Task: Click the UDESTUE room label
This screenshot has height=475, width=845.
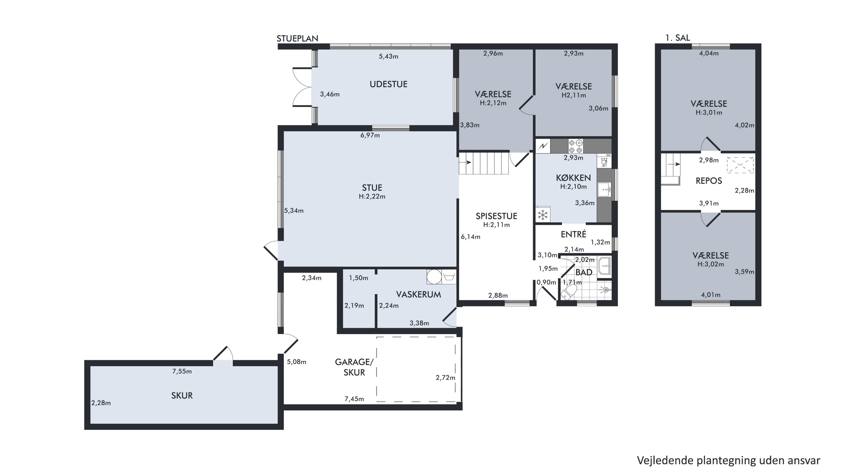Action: pos(388,84)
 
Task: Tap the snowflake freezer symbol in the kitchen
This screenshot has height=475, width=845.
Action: pos(543,215)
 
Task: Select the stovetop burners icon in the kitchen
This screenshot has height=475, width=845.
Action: pos(576,146)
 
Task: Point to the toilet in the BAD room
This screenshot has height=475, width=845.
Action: pos(569,292)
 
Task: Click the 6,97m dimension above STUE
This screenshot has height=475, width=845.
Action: pos(370,135)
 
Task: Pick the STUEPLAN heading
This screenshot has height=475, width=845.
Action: pos(297,39)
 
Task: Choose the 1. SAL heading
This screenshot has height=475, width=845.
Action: pos(677,38)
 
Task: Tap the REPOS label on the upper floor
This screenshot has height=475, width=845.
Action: pos(709,181)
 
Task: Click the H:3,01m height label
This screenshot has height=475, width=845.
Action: pos(709,112)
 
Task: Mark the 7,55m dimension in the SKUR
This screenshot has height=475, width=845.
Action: pos(182,371)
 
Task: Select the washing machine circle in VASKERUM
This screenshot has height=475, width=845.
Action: pos(434,277)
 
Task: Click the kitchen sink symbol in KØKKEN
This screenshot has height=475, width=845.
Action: pos(604,189)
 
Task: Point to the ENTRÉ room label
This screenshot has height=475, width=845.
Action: pos(573,234)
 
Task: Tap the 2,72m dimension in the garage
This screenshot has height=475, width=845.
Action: pos(446,378)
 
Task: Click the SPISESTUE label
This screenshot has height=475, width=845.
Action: pos(496,216)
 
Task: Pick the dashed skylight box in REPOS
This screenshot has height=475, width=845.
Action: pos(740,165)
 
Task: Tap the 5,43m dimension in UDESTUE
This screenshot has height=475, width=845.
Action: pos(388,56)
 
